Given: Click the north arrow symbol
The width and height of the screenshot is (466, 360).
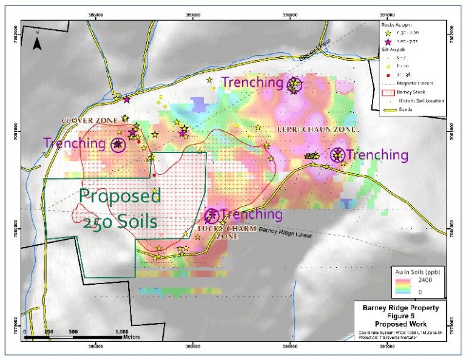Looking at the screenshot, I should pos(36,41).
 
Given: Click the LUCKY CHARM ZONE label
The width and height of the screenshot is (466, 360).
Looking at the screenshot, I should pos(218,232).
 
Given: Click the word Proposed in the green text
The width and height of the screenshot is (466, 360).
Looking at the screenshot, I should pos(120,197).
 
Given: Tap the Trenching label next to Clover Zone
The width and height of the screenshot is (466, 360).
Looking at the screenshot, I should pos(74,143).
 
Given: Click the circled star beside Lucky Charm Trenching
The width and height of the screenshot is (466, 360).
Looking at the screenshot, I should pos(211,215).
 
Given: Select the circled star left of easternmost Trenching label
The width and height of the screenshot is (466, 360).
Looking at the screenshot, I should pos(337,155).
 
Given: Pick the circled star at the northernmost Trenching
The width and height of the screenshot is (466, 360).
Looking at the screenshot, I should pos(294,84).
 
